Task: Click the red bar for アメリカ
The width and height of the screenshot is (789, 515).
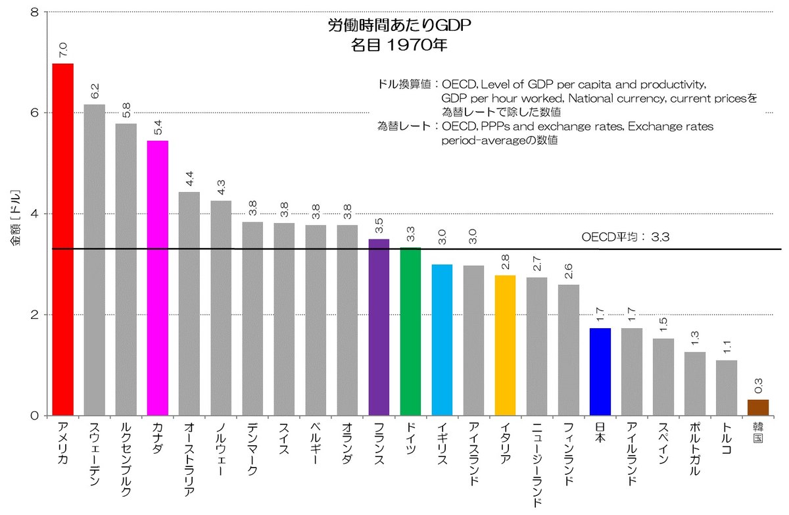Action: tap(62, 240)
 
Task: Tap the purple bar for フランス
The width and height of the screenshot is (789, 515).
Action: tap(379, 327)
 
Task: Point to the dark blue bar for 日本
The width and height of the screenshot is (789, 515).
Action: tap(600, 372)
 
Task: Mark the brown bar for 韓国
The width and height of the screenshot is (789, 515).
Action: tap(757, 407)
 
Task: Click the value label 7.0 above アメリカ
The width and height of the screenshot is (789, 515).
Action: tap(62, 49)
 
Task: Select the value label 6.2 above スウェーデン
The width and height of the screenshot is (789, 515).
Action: tap(94, 90)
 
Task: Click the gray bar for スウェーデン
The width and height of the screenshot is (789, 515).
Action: tap(94, 260)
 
